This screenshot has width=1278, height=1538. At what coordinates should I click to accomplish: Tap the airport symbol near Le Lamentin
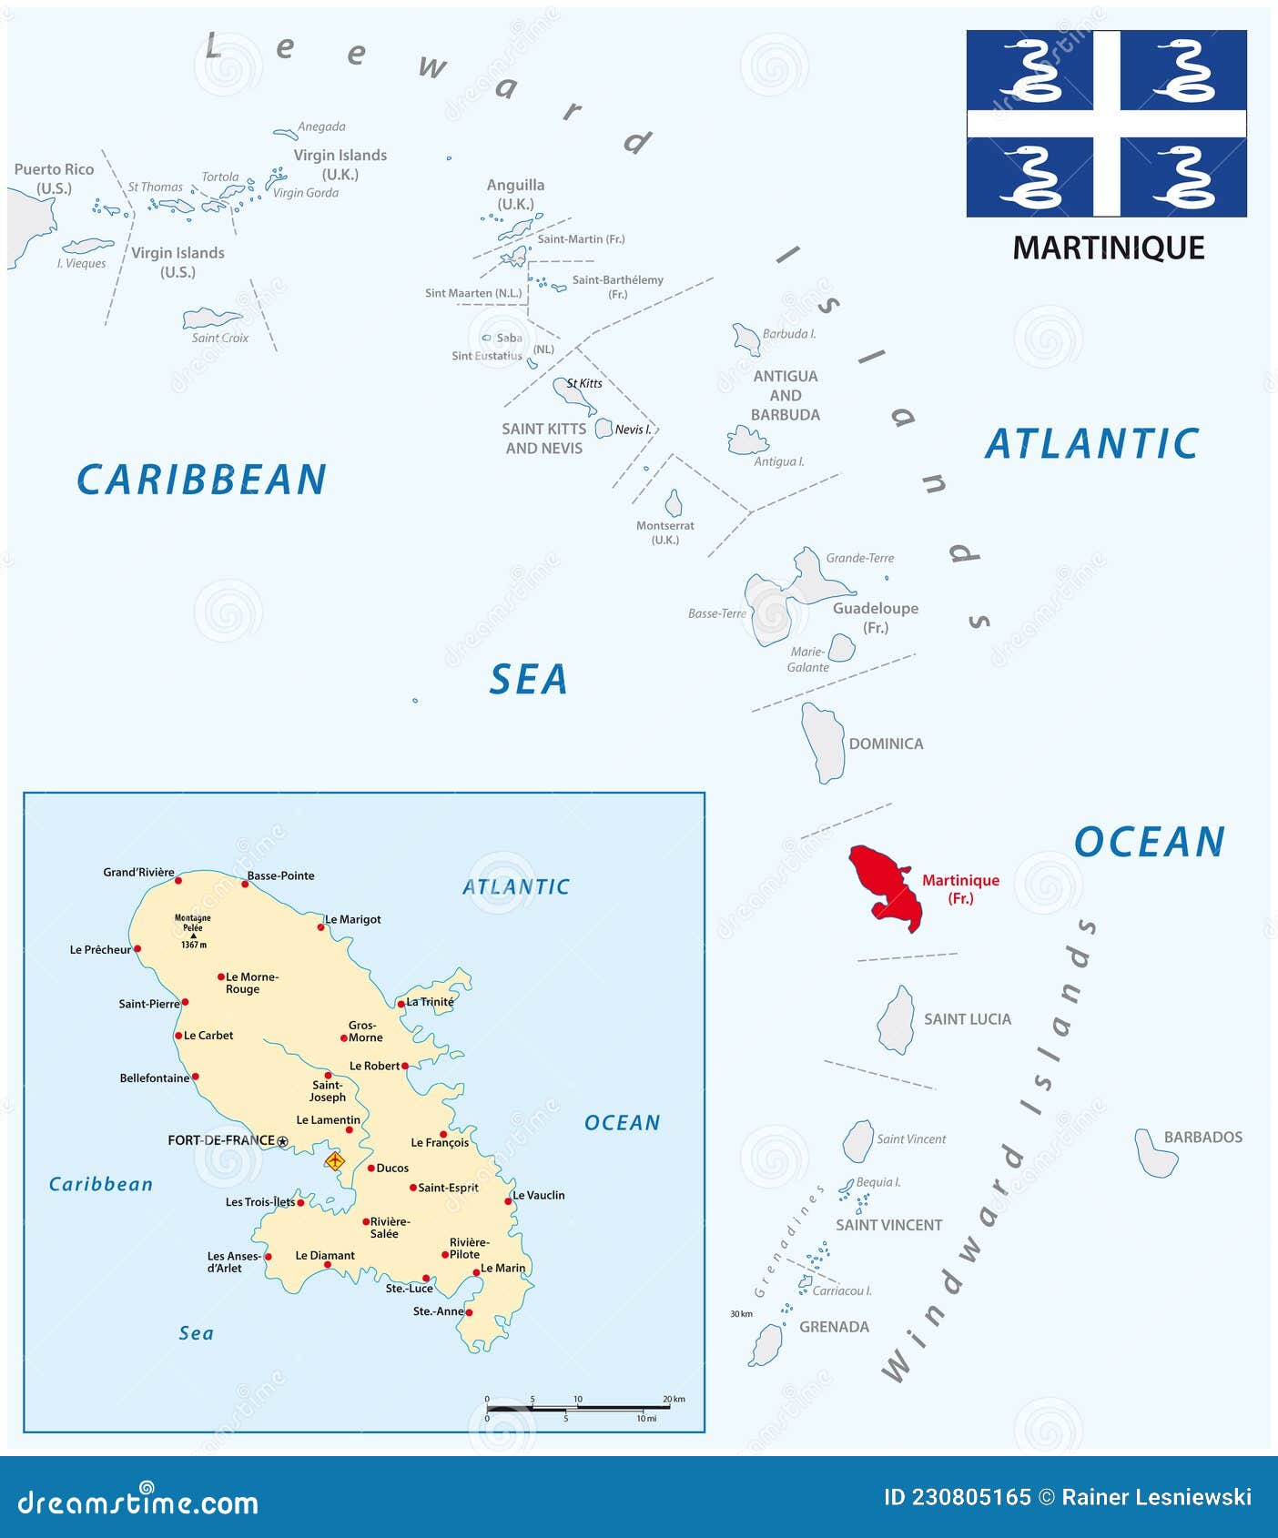point(335,1160)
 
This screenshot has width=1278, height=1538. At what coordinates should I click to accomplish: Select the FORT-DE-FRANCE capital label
point(221,1140)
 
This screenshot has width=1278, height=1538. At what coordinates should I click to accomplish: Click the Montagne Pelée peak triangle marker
point(193,936)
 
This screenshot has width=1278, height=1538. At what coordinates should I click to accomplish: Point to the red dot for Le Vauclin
point(508,1201)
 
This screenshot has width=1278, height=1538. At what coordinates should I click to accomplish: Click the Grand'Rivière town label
point(138,872)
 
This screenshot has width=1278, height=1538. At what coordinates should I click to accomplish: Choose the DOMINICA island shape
point(824,742)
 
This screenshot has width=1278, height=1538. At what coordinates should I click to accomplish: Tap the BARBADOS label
point(1202,1137)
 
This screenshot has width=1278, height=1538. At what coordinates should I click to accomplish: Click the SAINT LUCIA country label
point(967,1019)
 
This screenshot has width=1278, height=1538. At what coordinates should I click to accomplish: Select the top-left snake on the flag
point(1030,71)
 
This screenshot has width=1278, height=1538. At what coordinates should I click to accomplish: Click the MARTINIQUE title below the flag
point(1108,248)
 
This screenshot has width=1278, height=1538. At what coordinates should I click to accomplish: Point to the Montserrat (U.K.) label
point(664,532)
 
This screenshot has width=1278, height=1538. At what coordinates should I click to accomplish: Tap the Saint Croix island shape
point(211,319)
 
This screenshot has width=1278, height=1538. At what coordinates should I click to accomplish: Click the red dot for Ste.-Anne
point(469,1312)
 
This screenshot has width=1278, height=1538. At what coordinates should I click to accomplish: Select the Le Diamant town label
point(325,1255)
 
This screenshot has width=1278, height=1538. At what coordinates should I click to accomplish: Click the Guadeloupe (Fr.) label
point(875,617)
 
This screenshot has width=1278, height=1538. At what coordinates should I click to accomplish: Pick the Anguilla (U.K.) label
point(515,194)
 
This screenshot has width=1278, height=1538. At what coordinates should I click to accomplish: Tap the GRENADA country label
point(834,1327)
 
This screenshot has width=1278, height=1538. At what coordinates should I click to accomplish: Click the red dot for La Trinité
point(401,1004)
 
